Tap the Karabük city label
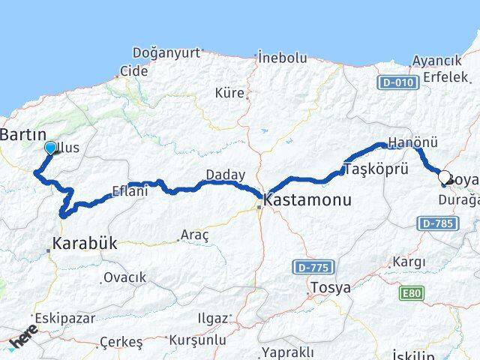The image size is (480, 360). tap(83, 244)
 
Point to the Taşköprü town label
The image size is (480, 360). tap(376, 169)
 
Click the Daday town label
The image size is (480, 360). tap(226, 175)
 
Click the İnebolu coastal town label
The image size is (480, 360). tap(282, 57)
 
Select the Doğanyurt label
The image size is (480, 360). tap(166, 52)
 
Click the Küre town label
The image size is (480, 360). tap(229, 93)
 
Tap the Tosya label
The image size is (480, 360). tap(330, 287)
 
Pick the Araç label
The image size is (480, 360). tap(196, 235)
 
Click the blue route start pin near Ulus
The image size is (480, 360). tap(50, 147)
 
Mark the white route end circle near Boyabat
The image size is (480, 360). tap(444, 178)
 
